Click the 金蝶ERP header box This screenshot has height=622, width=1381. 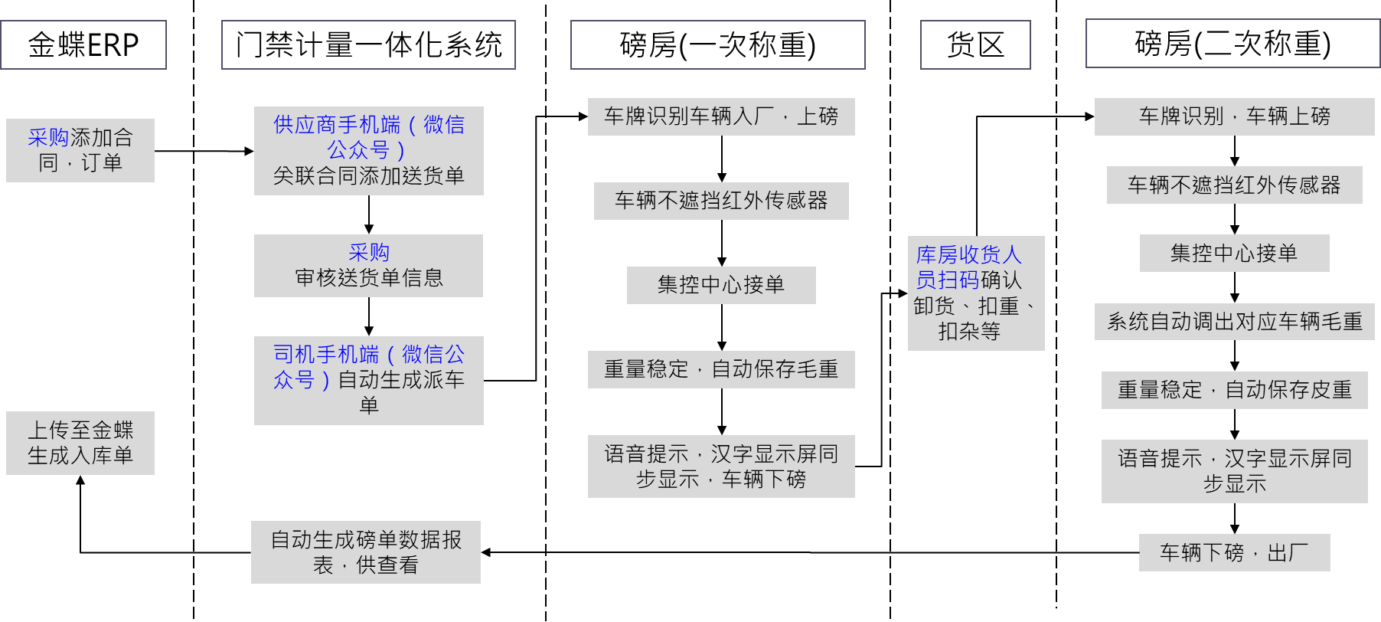click(x=83, y=45)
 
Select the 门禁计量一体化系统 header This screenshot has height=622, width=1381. click(x=368, y=45)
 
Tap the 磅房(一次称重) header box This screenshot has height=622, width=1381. click(x=717, y=45)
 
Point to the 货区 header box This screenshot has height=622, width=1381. click(x=975, y=45)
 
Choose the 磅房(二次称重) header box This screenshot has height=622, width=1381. click(x=1232, y=44)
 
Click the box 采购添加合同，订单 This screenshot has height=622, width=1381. click(x=80, y=150)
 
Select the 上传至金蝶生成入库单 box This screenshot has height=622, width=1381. click(x=80, y=443)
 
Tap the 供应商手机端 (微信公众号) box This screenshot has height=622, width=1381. click(x=369, y=150)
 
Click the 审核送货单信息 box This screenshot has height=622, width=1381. click(x=369, y=265)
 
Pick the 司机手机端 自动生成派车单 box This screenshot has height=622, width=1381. click(x=369, y=380)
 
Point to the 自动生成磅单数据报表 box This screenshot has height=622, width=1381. click(x=366, y=552)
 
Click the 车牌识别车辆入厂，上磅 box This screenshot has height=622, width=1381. click(x=721, y=116)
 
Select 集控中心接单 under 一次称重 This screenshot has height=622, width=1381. click(x=721, y=285)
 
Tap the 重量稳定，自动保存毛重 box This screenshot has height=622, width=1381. click(x=721, y=369)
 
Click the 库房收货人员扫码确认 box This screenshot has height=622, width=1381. click(x=976, y=293)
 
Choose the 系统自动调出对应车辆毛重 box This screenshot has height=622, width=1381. click(x=1234, y=322)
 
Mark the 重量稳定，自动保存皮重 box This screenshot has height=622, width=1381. click(x=1234, y=390)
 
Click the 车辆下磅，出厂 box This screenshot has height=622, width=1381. click(x=1234, y=552)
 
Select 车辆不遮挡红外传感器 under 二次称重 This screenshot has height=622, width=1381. click(x=1234, y=185)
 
